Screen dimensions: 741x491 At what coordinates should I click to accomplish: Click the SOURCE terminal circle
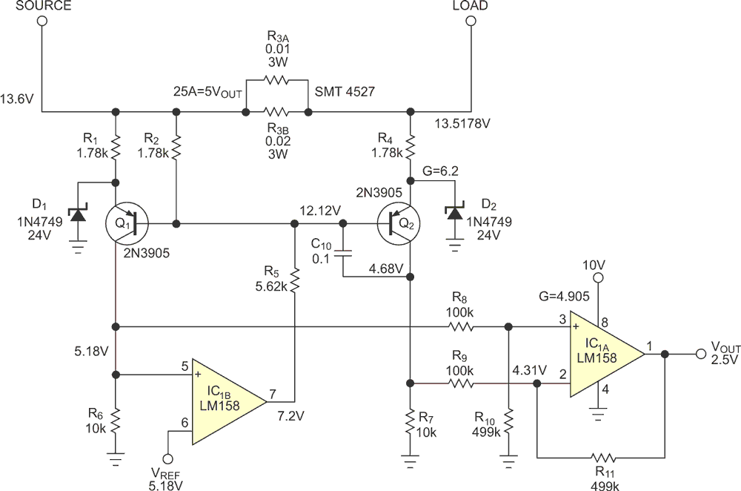pos(42,21)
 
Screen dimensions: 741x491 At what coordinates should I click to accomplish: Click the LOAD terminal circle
pos(471,21)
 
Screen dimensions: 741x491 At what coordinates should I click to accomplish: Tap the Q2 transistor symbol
pos(399,223)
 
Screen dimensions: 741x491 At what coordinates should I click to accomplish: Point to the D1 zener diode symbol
pos(78,216)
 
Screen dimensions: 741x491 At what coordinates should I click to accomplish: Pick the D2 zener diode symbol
pos(455,213)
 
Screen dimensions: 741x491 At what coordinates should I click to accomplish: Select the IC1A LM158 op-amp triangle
pos(608,354)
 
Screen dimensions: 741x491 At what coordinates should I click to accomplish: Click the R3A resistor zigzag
pos(277,80)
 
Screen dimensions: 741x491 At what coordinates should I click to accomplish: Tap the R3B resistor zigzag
pos(276,112)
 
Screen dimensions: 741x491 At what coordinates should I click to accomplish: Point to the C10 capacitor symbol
pos(343,254)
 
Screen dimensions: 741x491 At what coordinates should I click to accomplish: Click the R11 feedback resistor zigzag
pos(603,458)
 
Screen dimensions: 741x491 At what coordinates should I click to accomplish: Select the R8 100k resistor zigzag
pos(460,326)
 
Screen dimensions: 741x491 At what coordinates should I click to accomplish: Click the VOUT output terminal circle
pos(701,354)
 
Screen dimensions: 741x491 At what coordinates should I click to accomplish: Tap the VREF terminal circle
pos(167,459)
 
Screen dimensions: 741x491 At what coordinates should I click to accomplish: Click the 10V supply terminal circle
pos(598,277)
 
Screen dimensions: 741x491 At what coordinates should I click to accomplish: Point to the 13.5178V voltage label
pos(462,124)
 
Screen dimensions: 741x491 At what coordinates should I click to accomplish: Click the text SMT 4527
pos(345,91)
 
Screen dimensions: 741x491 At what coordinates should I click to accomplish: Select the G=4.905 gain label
pos(564,297)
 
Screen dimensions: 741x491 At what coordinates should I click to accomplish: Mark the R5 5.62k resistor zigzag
pos(294,280)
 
